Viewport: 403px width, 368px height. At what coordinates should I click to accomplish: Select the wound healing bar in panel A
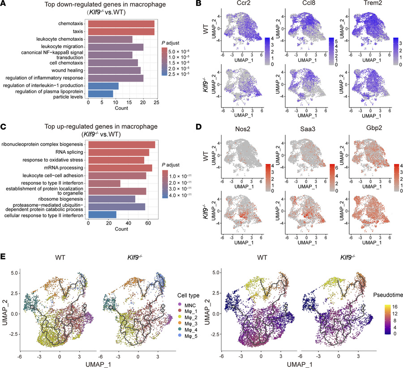114,70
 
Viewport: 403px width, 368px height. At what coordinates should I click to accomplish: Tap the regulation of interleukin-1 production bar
103,86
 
